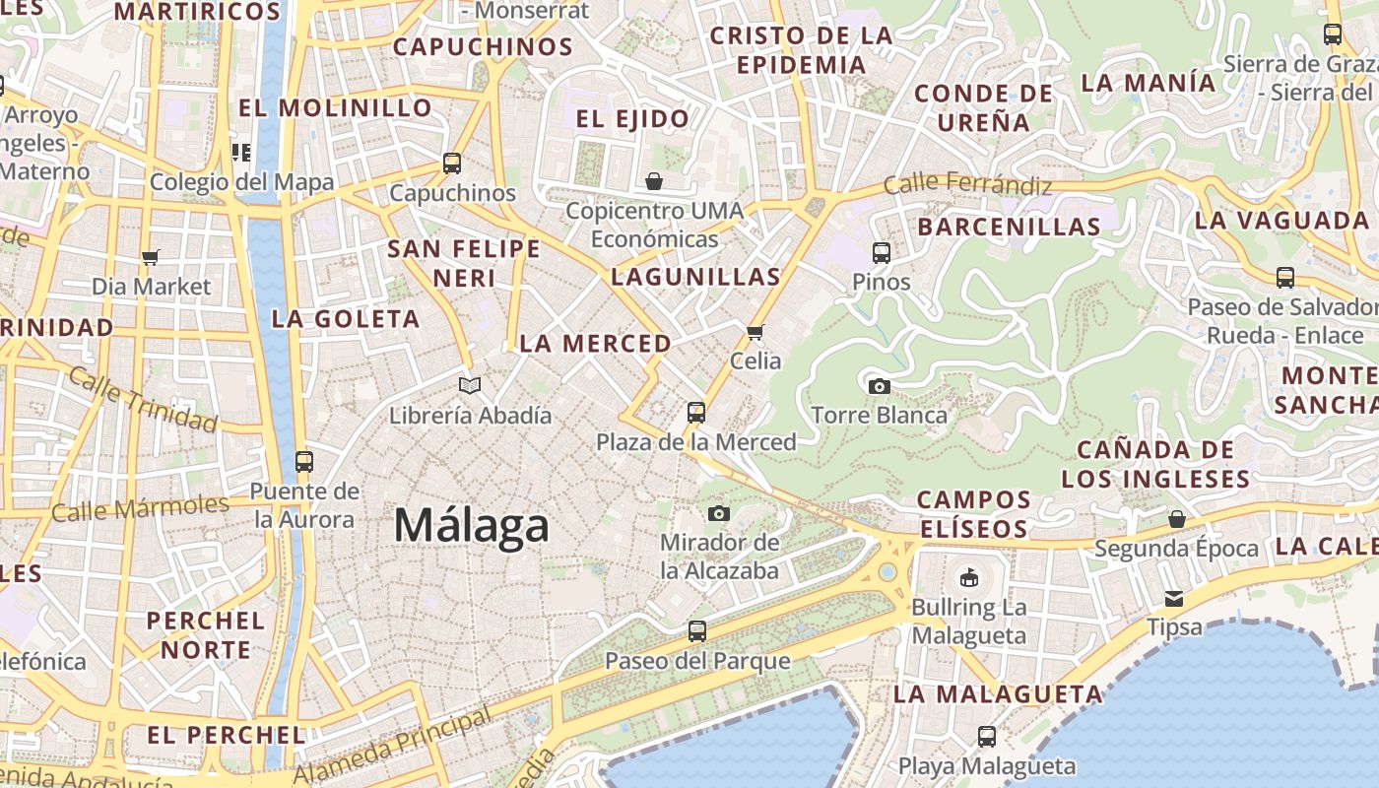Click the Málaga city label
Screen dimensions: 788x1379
tap(471, 525)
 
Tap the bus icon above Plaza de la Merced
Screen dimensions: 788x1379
tap(696, 412)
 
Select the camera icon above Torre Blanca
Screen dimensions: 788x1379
tap(880, 386)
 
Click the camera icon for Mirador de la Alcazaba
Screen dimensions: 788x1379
tap(719, 513)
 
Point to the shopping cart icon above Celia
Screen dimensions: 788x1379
tap(755, 332)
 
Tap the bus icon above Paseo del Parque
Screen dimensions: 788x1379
tap(697, 630)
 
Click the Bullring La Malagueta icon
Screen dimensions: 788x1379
tap(969, 577)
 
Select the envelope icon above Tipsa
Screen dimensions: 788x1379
tap(1174, 598)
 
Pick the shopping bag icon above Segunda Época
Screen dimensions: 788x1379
tap(1176, 519)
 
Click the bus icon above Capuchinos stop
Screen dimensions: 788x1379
tap(452, 164)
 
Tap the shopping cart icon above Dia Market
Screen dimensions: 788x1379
tap(151, 257)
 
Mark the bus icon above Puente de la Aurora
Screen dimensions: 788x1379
tap(303, 461)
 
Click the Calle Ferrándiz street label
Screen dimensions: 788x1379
tap(967, 183)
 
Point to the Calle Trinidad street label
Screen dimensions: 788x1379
tap(143, 401)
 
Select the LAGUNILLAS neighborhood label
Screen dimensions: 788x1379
tap(695, 277)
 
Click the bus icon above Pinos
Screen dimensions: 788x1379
tap(882, 253)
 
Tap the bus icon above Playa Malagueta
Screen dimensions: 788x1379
tap(987, 736)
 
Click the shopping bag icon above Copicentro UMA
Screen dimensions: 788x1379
tap(653, 181)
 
